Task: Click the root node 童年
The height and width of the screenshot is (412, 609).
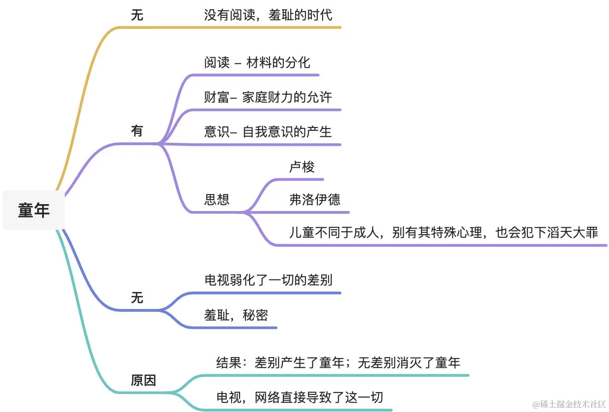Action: coord(34,211)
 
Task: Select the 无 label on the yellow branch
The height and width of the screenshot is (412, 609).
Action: coord(137,16)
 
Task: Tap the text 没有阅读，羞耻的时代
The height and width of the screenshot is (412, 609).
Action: coord(268,16)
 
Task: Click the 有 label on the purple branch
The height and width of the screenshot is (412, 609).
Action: coord(137,132)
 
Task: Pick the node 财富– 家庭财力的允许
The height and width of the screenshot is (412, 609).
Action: coord(268,97)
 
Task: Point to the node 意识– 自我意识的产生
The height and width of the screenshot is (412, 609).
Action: coord(268,132)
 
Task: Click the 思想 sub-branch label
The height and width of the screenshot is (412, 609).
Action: coord(217,200)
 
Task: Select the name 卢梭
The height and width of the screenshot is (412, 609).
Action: coord(302,167)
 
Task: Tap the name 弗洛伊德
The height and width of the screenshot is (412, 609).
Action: coord(315,200)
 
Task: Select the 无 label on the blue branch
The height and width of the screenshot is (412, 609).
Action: coord(137,298)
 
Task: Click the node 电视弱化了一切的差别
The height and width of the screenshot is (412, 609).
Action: coord(268,280)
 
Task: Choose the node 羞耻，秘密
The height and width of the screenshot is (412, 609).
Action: coord(236,315)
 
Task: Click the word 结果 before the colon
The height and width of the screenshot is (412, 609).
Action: coord(229,363)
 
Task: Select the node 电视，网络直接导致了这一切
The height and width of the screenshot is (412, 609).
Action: coord(299,398)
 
